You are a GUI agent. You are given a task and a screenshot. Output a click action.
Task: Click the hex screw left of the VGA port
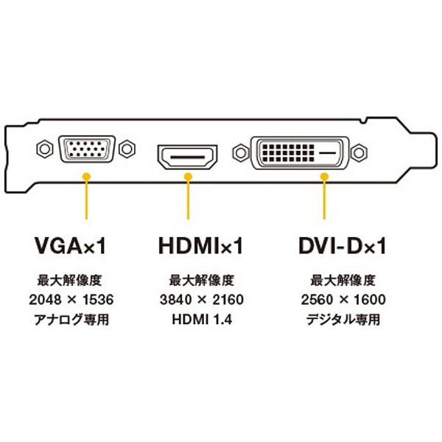coord(45,149)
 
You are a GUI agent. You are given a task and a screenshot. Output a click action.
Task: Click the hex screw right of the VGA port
coord(127,149)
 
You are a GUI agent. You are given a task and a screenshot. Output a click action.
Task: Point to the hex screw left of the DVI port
coord(240,152)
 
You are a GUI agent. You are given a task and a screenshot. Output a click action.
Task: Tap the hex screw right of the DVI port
coord(359,152)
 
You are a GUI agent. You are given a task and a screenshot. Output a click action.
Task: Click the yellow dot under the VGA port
coord(86,177)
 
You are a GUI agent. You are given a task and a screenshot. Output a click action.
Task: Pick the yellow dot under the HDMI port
coord(188,177)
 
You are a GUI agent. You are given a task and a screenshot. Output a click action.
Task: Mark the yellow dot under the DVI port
coord(324,177)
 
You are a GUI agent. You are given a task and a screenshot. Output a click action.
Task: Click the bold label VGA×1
coord(70,245)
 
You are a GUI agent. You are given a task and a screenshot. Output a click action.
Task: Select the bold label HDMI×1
coord(200,245)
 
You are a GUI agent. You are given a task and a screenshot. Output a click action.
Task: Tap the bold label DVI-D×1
coord(342,245)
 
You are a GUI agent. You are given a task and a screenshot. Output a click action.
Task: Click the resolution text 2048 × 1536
coord(71,299)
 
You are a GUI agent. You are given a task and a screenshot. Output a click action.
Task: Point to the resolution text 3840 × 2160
coord(202,299)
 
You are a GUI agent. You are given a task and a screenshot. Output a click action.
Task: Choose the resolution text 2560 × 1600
coord(343,299)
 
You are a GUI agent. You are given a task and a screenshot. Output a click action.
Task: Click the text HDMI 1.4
coord(202,320)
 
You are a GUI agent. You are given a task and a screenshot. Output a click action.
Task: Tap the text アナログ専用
coord(71,320)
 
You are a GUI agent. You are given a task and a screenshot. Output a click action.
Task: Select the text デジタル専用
coord(343,320)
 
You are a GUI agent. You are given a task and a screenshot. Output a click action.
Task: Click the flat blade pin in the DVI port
coord(328,153)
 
